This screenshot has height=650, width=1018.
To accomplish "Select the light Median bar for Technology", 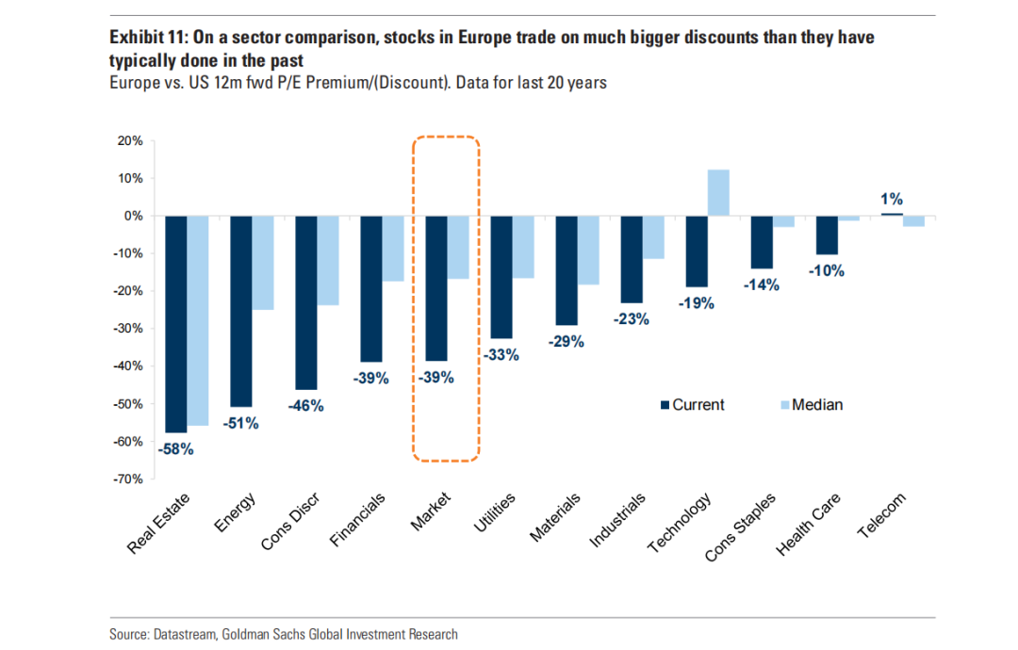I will click(718, 193).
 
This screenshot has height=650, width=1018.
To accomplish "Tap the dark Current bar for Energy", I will click(241, 311).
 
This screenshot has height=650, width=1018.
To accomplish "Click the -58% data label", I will click(174, 449).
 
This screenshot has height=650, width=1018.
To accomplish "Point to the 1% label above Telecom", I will click(892, 199).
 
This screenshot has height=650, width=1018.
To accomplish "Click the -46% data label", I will click(304, 406).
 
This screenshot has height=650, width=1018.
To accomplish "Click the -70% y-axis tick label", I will click(127, 479).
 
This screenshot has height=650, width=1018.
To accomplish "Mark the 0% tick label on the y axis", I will click(133, 216).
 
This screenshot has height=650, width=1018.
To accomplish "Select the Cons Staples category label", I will click(741, 527).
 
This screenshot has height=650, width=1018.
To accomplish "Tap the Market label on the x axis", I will click(431, 511).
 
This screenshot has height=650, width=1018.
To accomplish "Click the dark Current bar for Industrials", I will click(632, 259).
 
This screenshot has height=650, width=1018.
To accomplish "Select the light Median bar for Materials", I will click(588, 250).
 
